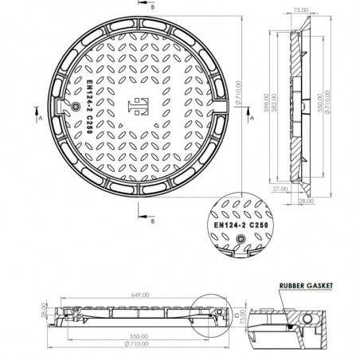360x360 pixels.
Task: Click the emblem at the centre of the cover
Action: point(135,106)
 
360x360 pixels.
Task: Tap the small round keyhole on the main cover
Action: point(75,106)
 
